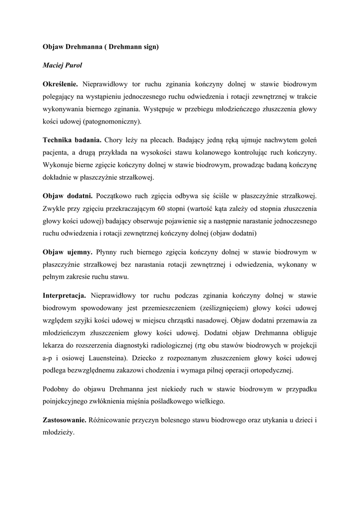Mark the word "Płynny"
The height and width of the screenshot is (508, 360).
[108, 252]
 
